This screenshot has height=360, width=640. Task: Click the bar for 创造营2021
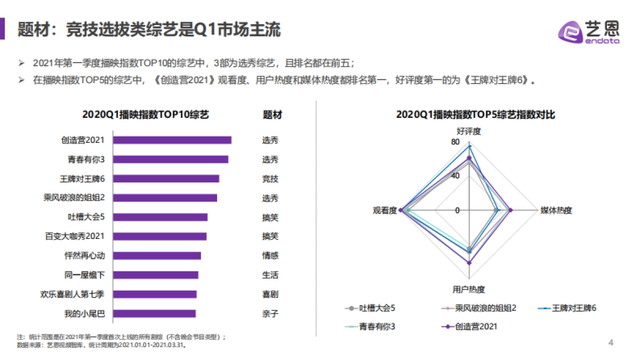[x=172, y=140]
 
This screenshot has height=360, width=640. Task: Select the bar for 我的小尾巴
[x=155, y=314]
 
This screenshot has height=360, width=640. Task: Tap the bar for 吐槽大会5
[x=161, y=217]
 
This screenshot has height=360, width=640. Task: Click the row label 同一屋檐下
[x=84, y=275]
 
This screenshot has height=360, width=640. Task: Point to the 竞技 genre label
[x=270, y=179]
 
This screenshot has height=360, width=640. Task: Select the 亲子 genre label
[x=270, y=314]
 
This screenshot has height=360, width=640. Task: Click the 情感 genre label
[x=270, y=255]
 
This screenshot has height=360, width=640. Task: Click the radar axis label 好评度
[x=469, y=131]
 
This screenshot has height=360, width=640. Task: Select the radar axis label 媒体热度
[x=556, y=210]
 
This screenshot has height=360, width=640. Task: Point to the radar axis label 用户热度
[x=469, y=290]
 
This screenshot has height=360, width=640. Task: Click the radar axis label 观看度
[x=385, y=210]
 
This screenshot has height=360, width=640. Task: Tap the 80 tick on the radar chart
[x=455, y=142]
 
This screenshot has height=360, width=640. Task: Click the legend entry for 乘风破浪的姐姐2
[x=485, y=308]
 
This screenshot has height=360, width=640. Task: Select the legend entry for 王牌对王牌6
[x=574, y=308]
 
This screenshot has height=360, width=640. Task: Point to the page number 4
[x=611, y=342]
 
